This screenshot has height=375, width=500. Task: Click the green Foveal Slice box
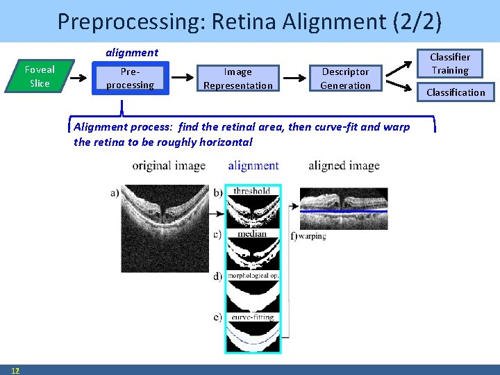click(x=40, y=76)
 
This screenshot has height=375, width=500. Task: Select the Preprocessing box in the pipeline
click(x=130, y=78)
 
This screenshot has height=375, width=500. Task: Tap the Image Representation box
click(x=237, y=78)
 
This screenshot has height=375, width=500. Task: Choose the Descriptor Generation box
click(x=345, y=78)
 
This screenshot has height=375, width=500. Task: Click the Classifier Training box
click(x=449, y=64)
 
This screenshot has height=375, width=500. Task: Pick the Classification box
click(x=456, y=92)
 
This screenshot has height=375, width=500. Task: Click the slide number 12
click(x=15, y=369)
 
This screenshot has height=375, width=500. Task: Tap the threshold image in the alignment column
click(x=253, y=206)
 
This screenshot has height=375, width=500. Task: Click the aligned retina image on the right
click(x=344, y=208)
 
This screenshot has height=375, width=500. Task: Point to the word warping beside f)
click(x=312, y=236)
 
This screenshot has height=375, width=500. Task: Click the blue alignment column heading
click(x=253, y=165)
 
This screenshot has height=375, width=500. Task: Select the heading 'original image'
click(x=169, y=165)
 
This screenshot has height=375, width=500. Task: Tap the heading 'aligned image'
click(x=344, y=165)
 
